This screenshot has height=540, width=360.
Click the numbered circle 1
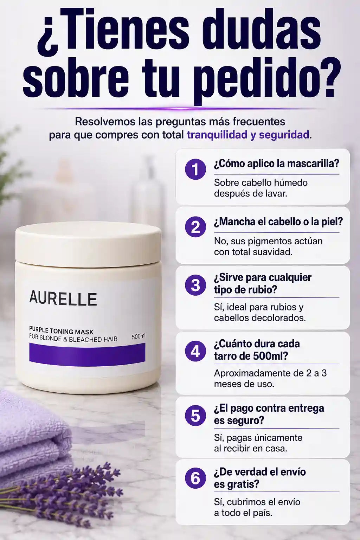(195, 169)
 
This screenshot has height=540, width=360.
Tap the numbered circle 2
(195, 227)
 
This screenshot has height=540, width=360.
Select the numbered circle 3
(195, 285)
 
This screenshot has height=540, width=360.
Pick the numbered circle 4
(195, 351)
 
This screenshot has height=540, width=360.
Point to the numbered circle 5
(195, 416)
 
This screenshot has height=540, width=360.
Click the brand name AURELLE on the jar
(63, 299)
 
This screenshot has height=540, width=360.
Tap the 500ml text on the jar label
(139, 336)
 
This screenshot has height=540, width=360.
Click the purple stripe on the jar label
(87, 354)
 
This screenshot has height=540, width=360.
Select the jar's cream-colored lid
(88, 242)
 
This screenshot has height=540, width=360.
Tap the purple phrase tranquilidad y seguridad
(248, 135)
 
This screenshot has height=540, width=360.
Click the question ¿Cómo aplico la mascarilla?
(277, 164)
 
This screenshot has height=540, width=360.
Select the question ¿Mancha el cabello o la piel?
(278, 222)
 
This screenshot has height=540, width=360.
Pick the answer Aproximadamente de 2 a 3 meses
(270, 378)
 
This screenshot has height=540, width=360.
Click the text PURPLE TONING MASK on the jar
(61, 332)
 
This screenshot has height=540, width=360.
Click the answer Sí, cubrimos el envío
(257, 502)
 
